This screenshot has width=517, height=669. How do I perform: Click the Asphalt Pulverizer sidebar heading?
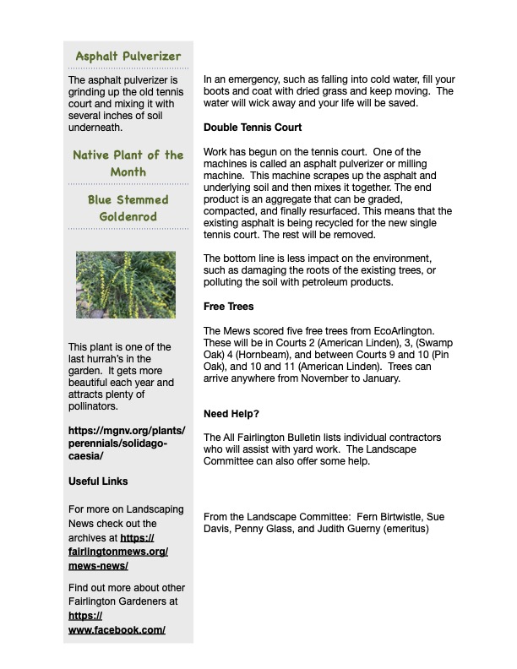click(128, 57)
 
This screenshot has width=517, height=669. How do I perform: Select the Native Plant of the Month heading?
click(128, 163)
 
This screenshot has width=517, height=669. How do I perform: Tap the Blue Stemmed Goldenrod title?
click(128, 209)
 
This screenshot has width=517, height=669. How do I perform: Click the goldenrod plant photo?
click(126, 283)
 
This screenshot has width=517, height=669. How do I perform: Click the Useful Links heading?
click(98, 481)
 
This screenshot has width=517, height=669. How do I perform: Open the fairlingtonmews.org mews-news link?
click(118, 552)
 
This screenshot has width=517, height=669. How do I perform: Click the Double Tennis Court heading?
click(253, 128)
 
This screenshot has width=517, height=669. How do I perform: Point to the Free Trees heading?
click(228, 306)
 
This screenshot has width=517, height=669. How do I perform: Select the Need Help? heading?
click(231, 414)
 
